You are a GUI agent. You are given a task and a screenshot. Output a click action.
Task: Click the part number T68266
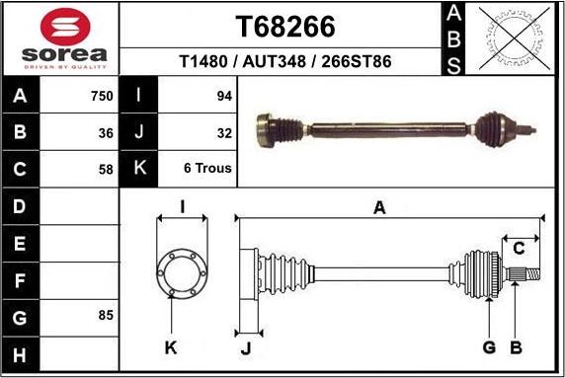(284, 25)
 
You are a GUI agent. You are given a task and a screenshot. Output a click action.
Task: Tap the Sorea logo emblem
(64, 26)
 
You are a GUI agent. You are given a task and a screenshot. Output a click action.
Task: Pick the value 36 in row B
(106, 131)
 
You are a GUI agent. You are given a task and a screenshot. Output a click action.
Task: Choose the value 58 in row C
(106, 168)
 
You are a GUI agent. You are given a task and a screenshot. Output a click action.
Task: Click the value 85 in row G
(106, 315)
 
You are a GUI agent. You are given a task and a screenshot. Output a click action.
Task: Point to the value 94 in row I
(224, 96)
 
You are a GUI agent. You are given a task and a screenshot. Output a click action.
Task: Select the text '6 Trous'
(207, 168)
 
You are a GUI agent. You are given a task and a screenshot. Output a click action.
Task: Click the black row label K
(139, 168)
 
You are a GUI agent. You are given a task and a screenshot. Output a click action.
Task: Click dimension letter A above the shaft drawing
(378, 207)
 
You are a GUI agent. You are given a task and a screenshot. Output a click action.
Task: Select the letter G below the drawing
(488, 346)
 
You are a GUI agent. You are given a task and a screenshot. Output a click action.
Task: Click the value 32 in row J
(224, 131)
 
